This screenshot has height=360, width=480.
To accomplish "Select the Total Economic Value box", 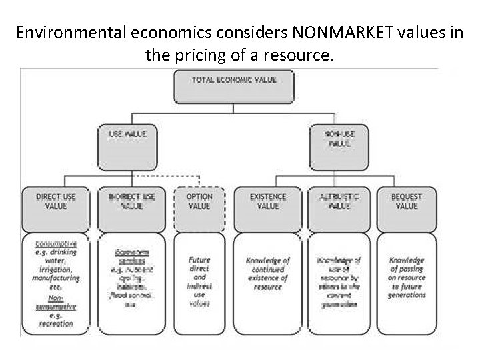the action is (233, 86).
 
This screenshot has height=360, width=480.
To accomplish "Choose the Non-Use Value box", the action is (339, 147).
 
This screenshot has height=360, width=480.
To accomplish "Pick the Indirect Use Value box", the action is (131, 207).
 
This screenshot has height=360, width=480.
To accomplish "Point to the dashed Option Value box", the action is (200, 207).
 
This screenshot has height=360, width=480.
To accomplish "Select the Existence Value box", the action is (267, 207).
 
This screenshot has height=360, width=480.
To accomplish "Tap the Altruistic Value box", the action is (339, 207).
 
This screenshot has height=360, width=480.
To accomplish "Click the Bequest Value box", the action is (406, 207).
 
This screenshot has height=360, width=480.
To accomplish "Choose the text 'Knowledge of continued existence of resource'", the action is (267, 273).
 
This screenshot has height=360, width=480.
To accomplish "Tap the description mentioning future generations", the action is (407, 277).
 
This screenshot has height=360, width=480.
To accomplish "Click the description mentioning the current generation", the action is (339, 282).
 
